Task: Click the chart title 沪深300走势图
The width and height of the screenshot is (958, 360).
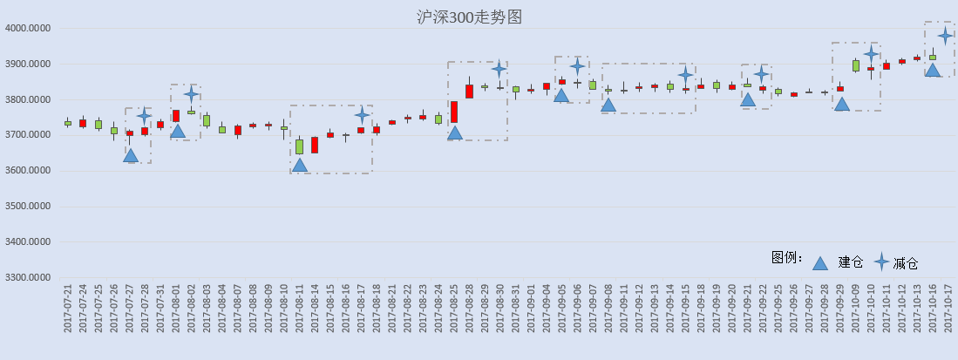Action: click(469, 17)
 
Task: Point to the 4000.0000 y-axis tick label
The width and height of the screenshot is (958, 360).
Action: click(28, 28)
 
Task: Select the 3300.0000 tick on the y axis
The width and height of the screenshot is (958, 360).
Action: click(28, 278)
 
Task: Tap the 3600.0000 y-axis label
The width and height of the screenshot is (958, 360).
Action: click(28, 171)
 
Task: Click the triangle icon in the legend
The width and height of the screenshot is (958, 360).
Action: click(820, 263)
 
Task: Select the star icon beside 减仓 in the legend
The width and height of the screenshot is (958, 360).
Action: click(881, 262)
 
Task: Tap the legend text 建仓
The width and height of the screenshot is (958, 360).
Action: click(851, 262)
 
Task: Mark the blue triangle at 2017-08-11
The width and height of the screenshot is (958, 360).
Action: click(299, 165)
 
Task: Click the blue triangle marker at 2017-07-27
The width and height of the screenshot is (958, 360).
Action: click(130, 155)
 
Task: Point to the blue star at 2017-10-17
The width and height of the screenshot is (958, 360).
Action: click(946, 36)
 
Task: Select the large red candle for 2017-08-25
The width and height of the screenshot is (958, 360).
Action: click(454, 112)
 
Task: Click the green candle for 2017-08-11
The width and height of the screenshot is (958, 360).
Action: click(299, 146)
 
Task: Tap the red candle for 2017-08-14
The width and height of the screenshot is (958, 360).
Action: click(315, 145)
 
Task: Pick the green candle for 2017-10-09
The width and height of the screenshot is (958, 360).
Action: click(856, 65)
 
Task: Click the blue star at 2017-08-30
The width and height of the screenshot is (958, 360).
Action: click(499, 70)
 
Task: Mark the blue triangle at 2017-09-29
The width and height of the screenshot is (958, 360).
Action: click(842, 104)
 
